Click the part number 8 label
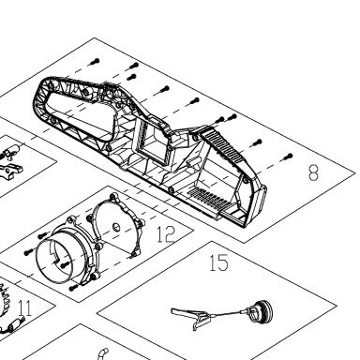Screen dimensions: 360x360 pos(313,172)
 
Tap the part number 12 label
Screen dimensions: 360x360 pos(166,234)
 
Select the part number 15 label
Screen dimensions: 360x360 pos(218,262)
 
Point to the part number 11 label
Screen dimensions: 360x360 pos(25,307)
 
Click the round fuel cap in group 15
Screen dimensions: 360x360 pos(262,310)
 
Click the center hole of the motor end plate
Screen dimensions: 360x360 pos(116,227)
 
